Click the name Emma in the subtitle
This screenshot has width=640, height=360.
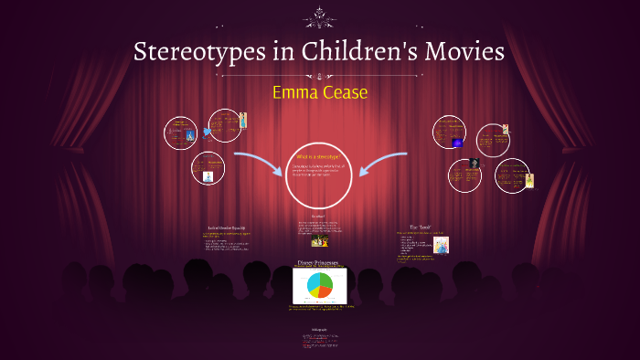[298, 92]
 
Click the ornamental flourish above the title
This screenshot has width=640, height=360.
[319, 15]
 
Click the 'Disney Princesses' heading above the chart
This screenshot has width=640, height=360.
[319, 263]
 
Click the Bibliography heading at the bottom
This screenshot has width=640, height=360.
[319, 329]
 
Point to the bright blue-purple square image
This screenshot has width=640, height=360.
[457, 143]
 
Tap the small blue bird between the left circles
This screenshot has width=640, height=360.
[206, 131]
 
